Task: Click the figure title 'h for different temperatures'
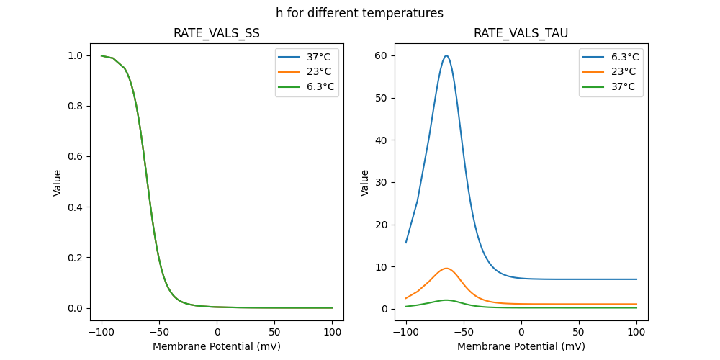[359, 13]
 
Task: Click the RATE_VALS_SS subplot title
[217, 34]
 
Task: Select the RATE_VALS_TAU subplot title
[521, 34]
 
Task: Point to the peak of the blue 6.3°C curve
[446, 55]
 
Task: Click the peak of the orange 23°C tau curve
[446, 269]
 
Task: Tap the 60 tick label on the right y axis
[382, 55]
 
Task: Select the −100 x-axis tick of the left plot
[101, 333]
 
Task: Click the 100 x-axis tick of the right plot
[636, 333]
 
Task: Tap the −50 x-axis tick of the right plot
[463, 333]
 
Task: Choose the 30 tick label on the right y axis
[382, 182]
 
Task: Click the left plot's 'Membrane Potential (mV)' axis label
[217, 346]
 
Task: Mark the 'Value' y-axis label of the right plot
[365, 182]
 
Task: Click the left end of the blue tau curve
[406, 243]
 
